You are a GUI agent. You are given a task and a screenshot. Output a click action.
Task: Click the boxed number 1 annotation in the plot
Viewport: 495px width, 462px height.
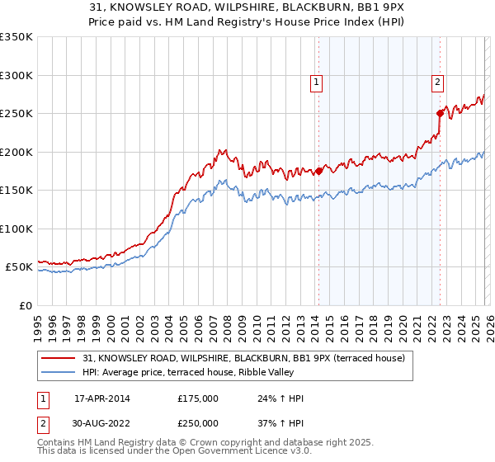tap(317, 82)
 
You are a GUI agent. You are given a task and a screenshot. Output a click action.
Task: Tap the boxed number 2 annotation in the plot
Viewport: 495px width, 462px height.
tap(437, 82)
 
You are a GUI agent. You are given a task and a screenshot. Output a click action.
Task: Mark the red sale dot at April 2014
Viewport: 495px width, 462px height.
tap(318, 172)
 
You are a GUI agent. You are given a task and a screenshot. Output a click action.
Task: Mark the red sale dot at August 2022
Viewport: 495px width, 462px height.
tap(440, 114)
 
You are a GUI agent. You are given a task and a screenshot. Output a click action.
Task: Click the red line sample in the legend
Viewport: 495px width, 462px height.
tap(59, 358)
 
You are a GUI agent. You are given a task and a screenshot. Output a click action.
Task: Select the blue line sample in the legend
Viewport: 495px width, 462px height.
tap(59, 373)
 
